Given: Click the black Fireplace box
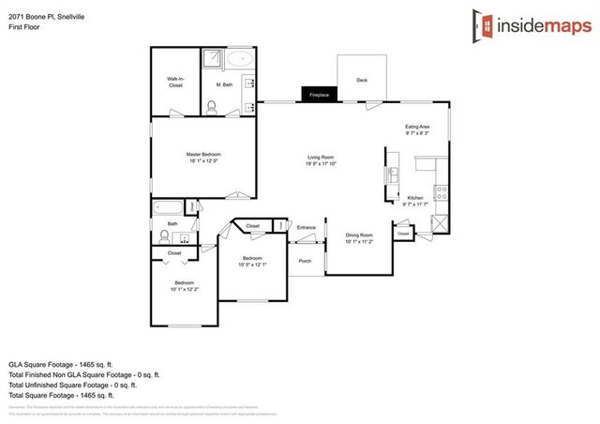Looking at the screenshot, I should [319, 94].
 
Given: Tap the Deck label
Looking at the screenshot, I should [361, 80].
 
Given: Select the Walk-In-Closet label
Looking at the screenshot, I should [175, 82].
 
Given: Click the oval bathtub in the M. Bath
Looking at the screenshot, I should [239, 58].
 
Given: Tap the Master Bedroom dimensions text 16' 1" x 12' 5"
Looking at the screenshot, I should [202, 160].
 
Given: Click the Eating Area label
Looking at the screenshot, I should [417, 127].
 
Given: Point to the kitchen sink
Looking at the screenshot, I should [394, 175].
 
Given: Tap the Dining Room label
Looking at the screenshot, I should [359, 235].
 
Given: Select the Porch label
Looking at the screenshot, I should [305, 261].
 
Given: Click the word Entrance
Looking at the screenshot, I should [307, 228].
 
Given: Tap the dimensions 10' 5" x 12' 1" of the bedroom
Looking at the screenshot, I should [251, 265].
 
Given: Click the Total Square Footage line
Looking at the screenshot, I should [71, 393].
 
